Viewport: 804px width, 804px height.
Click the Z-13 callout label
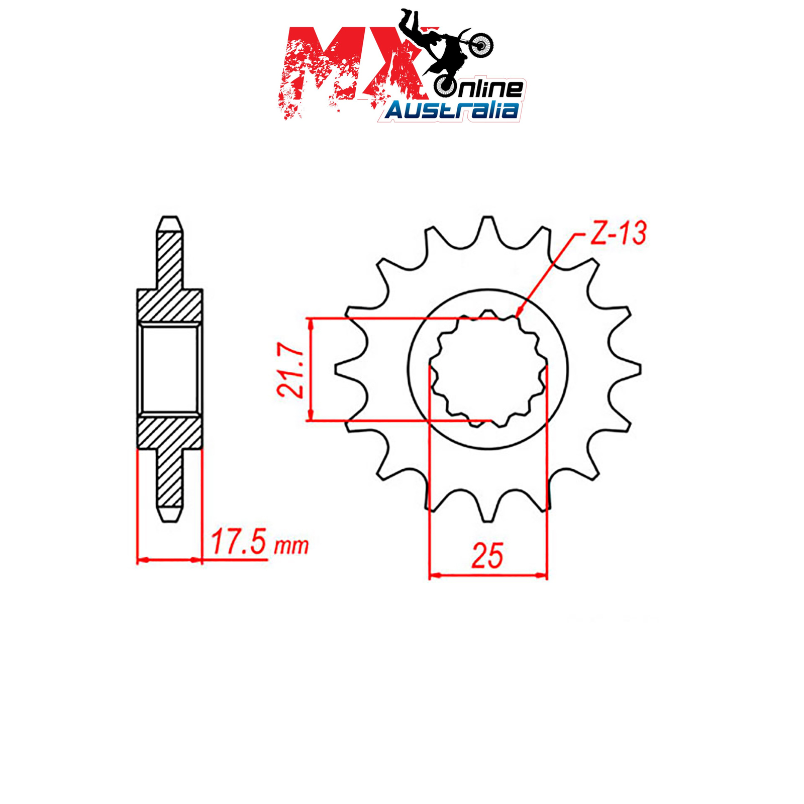click(618, 234)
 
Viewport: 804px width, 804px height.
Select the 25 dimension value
click(487, 556)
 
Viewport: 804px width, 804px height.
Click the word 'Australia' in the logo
click(452, 110)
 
